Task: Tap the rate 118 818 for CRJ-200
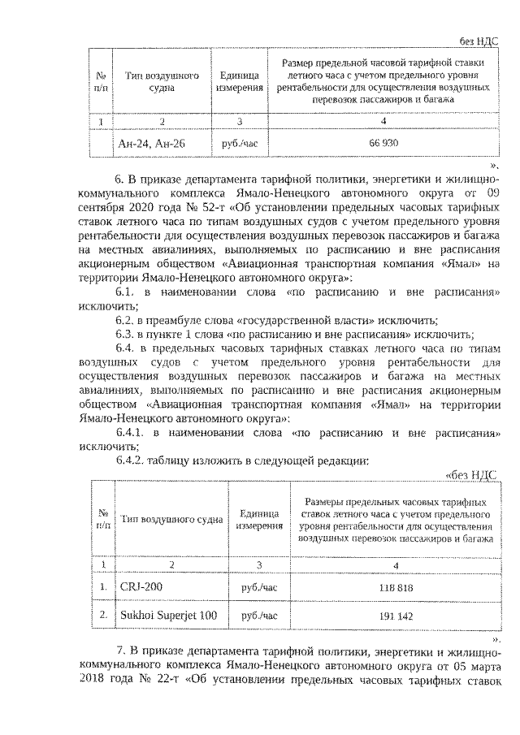pyautogui.click(x=395, y=586)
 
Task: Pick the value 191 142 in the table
pyautogui.click(x=395, y=616)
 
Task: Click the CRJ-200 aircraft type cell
pyautogui.click(x=141, y=586)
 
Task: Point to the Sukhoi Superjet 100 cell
pyautogui.click(x=168, y=616)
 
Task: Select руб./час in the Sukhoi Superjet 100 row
pyautogui.click(x=260, y=616)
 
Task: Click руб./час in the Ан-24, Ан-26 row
pyautogui.click(x=238, y=143)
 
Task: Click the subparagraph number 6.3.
pyautogui.click(x=128, y=334)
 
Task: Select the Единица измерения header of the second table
pyautogui.click(x=260, y=520)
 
